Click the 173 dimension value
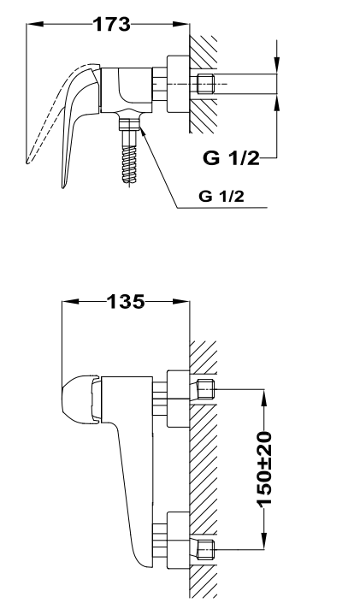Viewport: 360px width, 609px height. point(112,25)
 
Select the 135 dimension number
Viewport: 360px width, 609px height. point(126,302)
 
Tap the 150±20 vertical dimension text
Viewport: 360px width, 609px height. point(264,470)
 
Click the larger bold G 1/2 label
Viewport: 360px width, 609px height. point(231,158)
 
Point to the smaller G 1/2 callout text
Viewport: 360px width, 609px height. point(221,196)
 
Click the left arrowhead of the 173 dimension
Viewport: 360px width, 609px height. point(34,24)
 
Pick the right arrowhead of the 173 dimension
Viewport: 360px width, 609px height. point(181,24)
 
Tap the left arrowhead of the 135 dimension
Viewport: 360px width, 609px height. point(70,301)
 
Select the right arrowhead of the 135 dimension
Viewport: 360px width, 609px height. point(181,301)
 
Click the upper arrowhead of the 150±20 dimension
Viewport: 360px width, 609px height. point(264,398)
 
